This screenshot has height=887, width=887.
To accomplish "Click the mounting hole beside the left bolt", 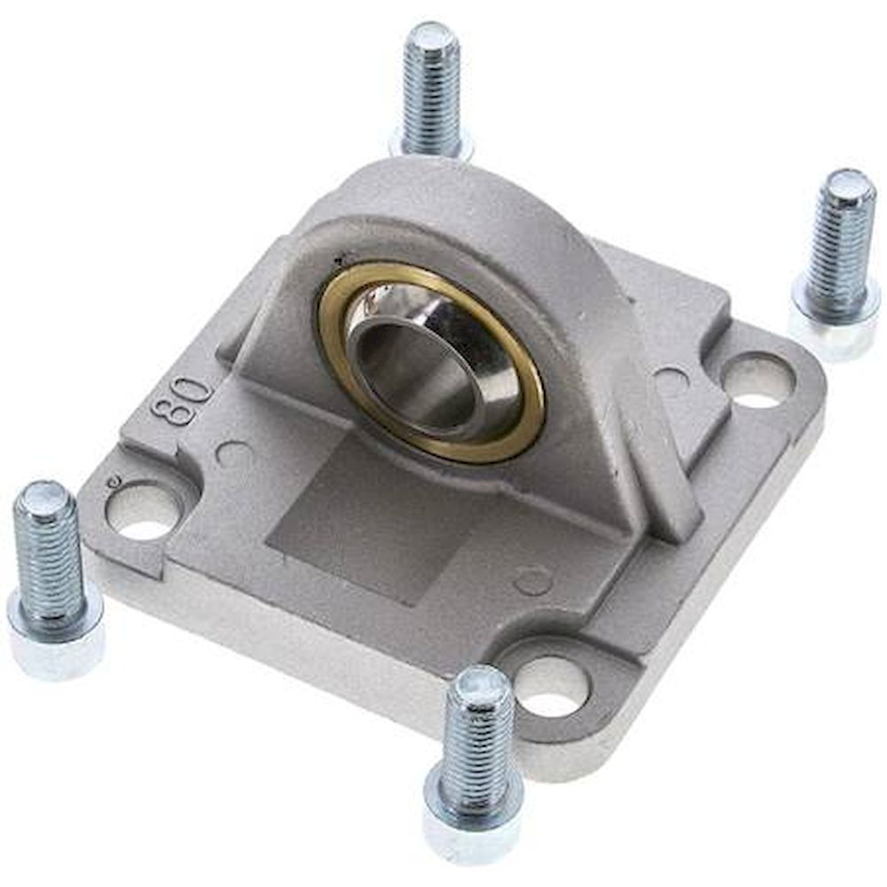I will pos(142,513).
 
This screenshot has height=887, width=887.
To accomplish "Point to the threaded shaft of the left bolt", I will pos(49,550).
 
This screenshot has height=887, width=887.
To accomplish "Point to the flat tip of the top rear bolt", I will pos(430,35).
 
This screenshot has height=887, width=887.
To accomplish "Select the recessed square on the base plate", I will pos(355,514).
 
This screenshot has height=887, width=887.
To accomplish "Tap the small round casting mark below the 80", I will pos(233,454).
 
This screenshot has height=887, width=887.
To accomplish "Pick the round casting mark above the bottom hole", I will pos(533,581).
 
